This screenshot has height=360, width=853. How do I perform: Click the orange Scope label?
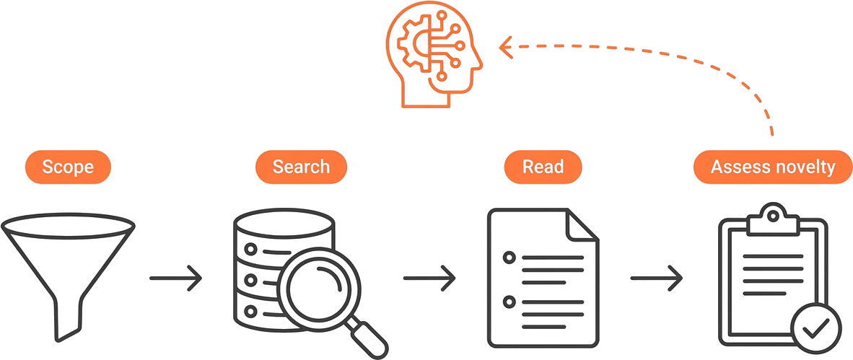[68, 167]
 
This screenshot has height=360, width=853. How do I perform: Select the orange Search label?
[301, 167]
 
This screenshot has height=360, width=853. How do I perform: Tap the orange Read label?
[543, 167]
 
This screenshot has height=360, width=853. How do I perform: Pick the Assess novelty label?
[773, 167]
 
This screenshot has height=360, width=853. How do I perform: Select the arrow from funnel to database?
[175, 278]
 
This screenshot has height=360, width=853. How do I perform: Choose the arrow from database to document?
[429, 278]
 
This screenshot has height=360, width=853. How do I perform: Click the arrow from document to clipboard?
[657, 278]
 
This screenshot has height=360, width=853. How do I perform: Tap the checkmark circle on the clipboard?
[815, 327]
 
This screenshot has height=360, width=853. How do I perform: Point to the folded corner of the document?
[582, 225]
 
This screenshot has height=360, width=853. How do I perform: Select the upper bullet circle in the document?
[509, 257]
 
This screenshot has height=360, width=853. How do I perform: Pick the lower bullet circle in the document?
[509, 301]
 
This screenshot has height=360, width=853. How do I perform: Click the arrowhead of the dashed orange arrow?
[506, 47]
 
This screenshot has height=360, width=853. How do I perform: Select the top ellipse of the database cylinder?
[284, 222]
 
